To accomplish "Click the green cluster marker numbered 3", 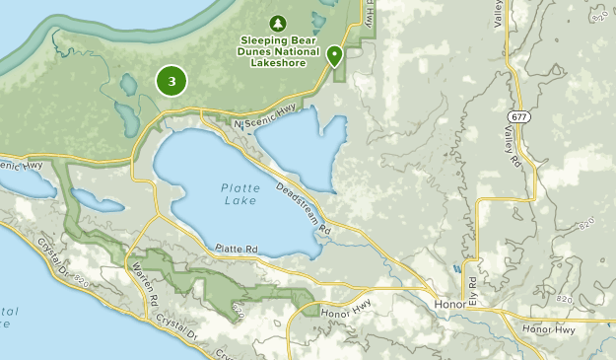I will point(171,81).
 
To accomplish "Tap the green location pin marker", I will point(335,56).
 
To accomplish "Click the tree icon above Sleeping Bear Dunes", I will point(277,23).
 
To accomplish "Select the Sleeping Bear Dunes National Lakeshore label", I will point(278,47).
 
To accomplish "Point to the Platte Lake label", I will point(240,194).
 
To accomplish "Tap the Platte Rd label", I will point(237,250).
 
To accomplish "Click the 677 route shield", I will point(518,116).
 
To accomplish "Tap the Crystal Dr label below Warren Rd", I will point(173,331).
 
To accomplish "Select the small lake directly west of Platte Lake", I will point(99,201).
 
